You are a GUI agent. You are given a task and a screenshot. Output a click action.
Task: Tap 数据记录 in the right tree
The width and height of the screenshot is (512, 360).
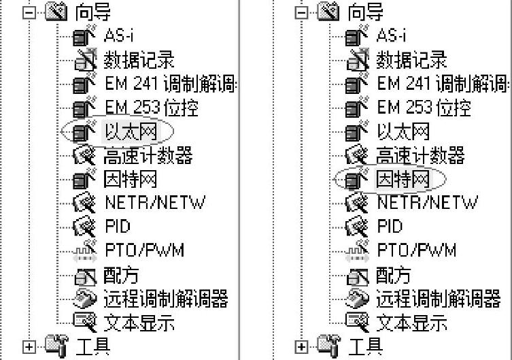(x=411, y=60)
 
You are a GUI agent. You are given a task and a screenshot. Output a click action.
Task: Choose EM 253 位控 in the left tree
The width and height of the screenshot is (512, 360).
(x=151, y=108)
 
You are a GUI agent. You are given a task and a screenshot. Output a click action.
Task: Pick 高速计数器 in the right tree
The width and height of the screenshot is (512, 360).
(x=420, y=156)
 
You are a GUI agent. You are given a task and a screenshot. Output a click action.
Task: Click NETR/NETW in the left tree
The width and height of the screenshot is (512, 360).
(x=154, y=203)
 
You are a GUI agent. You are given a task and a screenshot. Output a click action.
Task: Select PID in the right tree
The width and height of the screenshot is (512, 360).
(x=390, y=227)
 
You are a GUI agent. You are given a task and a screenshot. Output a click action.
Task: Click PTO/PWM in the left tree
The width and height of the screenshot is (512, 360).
(x=144, y=250)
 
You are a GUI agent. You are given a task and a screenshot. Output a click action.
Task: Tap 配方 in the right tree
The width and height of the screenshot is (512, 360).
(x=394, y=275)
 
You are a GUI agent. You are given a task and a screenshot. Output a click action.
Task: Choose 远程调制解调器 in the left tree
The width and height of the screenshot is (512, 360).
(x=165, y=299)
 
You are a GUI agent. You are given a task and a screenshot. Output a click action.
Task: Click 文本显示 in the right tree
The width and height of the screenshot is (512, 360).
(x=411, y=323)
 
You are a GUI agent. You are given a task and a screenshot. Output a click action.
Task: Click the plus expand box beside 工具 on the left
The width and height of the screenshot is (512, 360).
(x=29, y=346)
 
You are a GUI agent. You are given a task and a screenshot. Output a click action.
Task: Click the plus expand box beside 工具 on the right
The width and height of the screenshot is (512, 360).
(x=302, y=346)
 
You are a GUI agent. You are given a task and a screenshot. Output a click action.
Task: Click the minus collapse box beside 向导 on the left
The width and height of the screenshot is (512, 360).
(x=29, y=12)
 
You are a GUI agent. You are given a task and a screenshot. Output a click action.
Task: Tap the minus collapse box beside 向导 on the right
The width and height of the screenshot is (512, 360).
(x=302, y=12)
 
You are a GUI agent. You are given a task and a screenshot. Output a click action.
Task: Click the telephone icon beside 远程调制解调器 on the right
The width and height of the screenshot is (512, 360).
(x=358, y=298)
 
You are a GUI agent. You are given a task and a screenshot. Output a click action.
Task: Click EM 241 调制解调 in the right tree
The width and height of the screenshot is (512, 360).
(x=442, y=84)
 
